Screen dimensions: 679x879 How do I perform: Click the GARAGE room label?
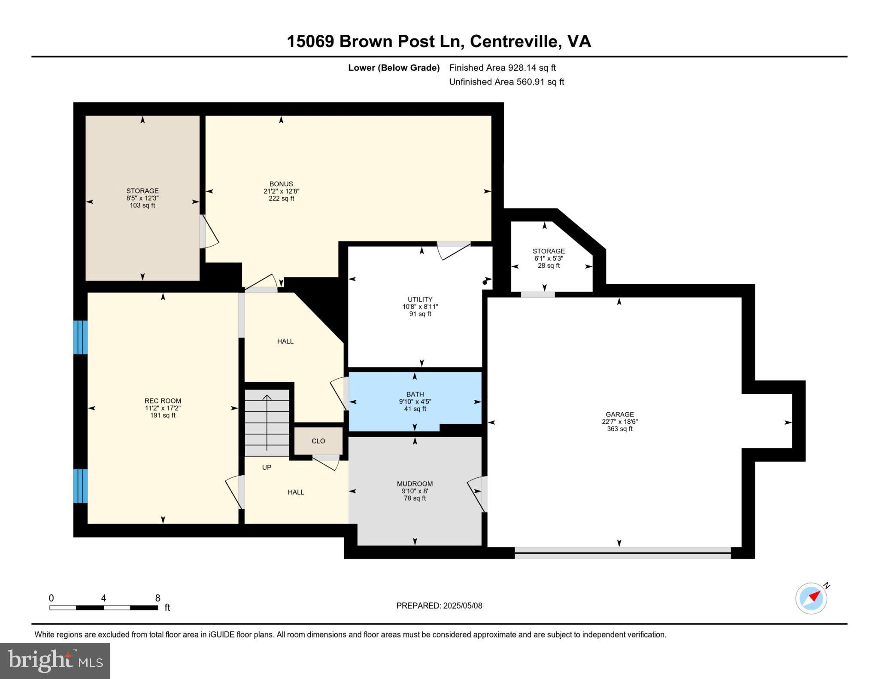tap(619, 414)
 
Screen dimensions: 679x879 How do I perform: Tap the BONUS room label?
tap(281, 184)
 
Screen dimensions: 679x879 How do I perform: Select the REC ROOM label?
tap(163, 401)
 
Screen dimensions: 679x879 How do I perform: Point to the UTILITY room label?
tap(420, 299)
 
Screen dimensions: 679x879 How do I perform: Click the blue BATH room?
tap(415, 401)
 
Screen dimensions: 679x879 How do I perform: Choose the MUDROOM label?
tap(415, 484)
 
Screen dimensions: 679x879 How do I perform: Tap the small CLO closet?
tap(318, 441)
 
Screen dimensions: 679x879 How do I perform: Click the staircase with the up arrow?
tap(267, 422)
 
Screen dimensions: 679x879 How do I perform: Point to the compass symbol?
tap(811, 598)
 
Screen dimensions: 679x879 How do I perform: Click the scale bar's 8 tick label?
tap(158, 598)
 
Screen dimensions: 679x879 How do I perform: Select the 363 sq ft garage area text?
tap(619, 429)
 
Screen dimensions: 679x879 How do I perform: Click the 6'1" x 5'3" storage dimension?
tap(549, 259)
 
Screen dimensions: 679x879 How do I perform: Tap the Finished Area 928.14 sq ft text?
tap(502, 68)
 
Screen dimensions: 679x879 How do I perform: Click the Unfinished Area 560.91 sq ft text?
tap(506, 82)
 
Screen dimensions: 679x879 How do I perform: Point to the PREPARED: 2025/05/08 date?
tap(439, 606)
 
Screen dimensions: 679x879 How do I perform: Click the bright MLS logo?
tap(55, 661)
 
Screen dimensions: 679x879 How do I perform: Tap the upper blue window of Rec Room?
tap(80, 338)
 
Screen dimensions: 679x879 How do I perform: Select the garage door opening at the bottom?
tap(622, 553)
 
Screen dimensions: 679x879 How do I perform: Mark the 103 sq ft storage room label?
tap(142, 205)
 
